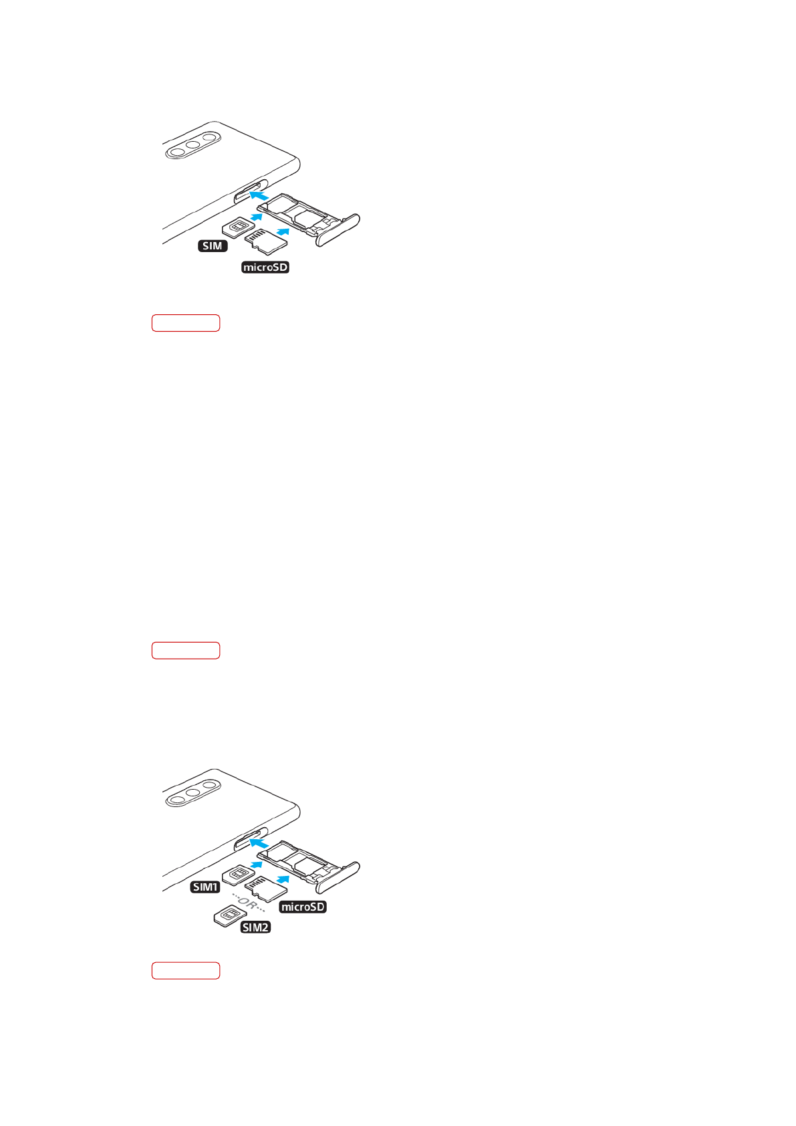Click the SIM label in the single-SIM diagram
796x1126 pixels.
tap(213, 246)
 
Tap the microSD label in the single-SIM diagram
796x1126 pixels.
tap(265, 267)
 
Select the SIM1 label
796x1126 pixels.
tap(205, 887)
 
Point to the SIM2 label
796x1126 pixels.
tap(255, 927)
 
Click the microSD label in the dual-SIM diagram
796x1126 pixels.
tap(303, 907)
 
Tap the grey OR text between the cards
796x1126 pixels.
tap(248, 903)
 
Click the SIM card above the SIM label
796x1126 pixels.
tap(234, 228)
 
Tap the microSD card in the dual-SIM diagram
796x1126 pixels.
tap(265, 889)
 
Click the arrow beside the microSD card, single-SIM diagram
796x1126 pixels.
tap(283, 231)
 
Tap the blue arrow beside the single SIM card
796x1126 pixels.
tap(256, 217)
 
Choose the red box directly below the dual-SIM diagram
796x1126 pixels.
tap(186, 971)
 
